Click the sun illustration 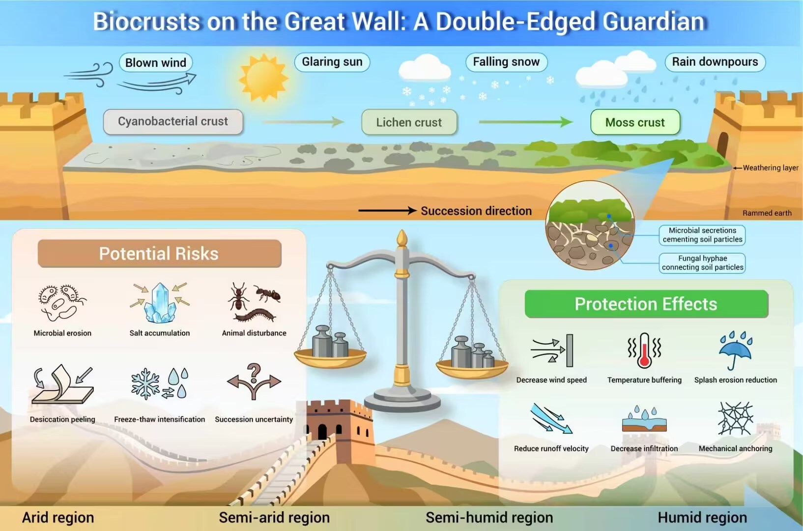click(x=263, y=78)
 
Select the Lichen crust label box click(x=409, y=122)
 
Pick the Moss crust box click(x=635, y=122)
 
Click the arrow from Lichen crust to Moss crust click(x=525, y=122)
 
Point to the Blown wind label click(x=156, y=63)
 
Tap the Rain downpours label click(x=715, y=61)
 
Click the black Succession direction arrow click(x=388, y=210)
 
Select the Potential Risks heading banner click(x=160, y=254)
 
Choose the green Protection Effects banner click(x=646, y=304)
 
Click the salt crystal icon click(x=160, y=303)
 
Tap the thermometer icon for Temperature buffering click(x=644, y=350)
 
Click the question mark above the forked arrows click(x=254, y=373)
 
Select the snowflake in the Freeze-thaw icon click(x=145, y=383)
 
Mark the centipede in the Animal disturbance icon click(x=255, y=316)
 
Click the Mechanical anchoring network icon click(x=736, y=418)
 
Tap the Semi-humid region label click(x=489, y=518)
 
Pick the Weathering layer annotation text click(x=771, y=168)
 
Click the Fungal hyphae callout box click(x=702, y=263)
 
